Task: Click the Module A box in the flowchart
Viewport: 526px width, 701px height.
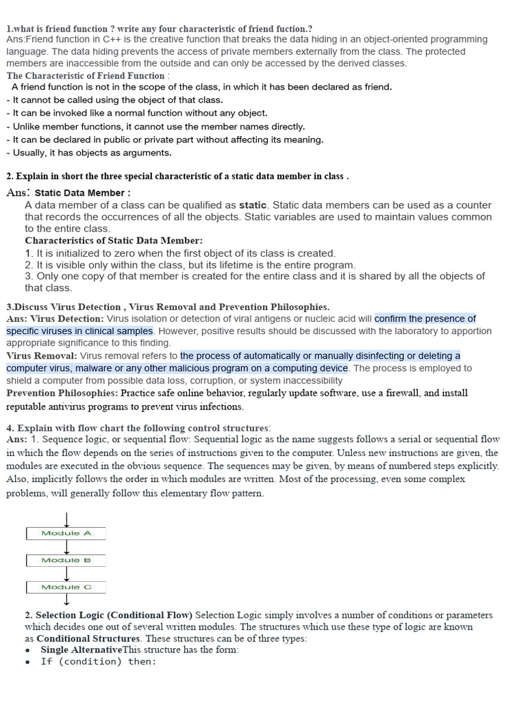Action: click(x=66, y=533)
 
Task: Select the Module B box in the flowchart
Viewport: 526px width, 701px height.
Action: click(x=66, y=560)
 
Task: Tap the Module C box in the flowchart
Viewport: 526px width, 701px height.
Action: click(x=66, y=587)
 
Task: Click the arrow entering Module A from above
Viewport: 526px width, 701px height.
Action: click(x=66, y=519)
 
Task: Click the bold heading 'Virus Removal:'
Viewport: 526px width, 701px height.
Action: click(x=42, y=356)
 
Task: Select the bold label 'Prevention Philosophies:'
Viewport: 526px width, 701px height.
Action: click(x=62, y=393)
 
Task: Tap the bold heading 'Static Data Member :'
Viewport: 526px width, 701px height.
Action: click(x=82, y=193)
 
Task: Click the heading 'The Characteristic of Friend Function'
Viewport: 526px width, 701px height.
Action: click(x=86, y=75)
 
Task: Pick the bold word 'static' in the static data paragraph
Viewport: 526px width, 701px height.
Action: click(x=253, y=205)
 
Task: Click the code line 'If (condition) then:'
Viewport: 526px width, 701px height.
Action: click(x=99, y=661)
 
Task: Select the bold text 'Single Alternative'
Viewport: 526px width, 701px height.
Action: click(x=81, y=650)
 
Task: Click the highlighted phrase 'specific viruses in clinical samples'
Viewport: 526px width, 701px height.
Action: click(x=79, y=331)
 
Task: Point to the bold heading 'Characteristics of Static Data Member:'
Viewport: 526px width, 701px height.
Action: click(x=114, y=241)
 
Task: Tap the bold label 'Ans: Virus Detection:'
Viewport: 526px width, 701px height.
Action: click(x=55, y=319)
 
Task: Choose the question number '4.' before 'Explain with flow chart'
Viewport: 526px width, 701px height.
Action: click(x=10, y=427)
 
